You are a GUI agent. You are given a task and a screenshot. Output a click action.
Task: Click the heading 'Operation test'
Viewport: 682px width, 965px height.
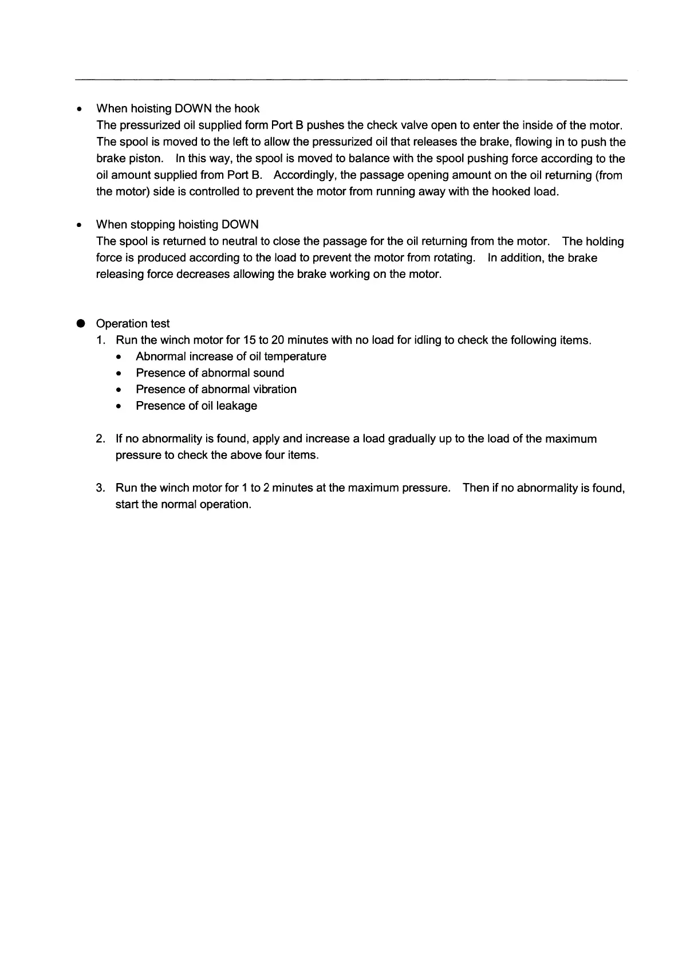pyautogui.click(x=133, y=324)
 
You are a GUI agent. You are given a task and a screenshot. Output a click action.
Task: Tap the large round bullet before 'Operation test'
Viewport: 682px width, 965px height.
pyautogui.click(x=80, y=323)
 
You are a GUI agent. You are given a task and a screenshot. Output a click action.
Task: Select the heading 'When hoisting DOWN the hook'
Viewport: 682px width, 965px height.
pyautogui.click(x=178, y=109)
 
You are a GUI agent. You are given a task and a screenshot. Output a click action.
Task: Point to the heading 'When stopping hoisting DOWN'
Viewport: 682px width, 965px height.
pyautogui.click(x=177, y=225)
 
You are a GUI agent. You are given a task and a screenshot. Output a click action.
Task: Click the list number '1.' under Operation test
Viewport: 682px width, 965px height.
pyautogui.click(x=101, y=340)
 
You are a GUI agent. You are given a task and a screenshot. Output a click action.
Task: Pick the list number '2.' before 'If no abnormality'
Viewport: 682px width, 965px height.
pyautogui.click(x=101, y=439)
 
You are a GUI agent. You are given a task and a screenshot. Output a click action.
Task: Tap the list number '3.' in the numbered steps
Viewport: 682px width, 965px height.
pyautogui.click(x=101, y=488)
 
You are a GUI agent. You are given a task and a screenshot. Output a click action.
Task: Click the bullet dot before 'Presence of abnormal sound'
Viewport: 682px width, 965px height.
pyautogui.click(x=118, y=374)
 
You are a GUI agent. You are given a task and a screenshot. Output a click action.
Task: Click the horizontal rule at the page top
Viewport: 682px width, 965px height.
pyautogui.click(x=351, y=80)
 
